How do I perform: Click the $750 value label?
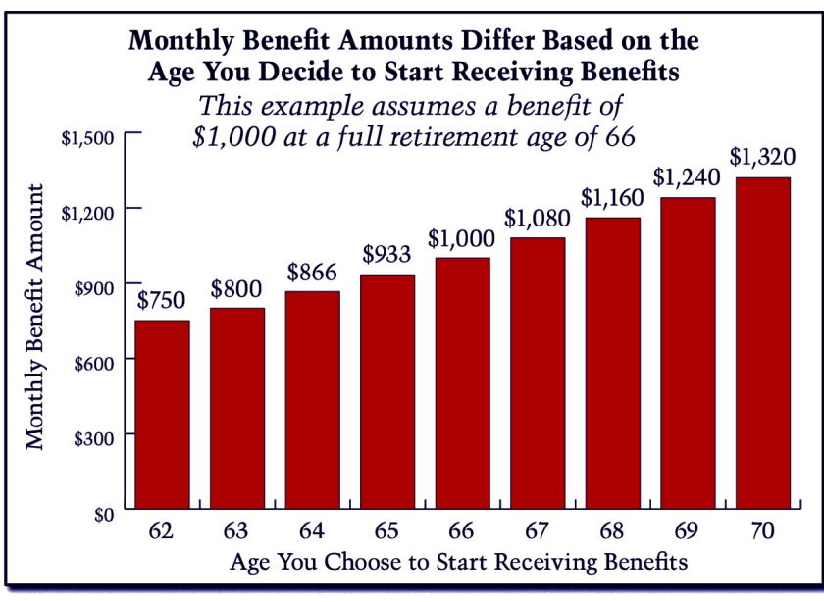pos(162,301)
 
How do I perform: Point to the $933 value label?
pos(387,256)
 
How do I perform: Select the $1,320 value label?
pos(762,157)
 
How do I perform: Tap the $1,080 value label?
pos(537,219)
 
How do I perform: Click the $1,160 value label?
pos(611,198)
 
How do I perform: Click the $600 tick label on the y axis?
pos(97,361)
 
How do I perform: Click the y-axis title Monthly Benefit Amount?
pos(36,316)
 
